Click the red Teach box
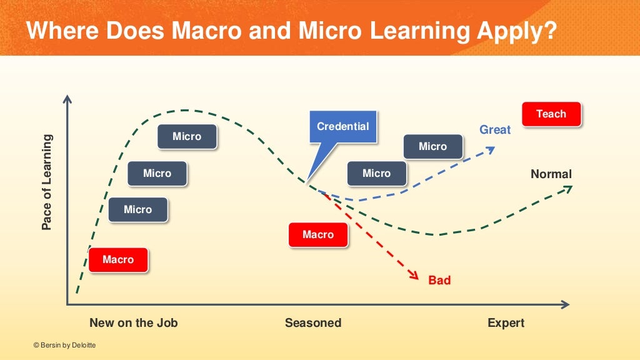click(551, 114)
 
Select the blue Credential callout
click(342, 127)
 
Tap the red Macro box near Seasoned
click(318, 234)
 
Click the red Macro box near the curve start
click(118, 259)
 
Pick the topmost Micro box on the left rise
click(187, 136)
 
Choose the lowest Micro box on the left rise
click(137, 209)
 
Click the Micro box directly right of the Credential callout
click(376, 173)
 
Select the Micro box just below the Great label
click(432, 146)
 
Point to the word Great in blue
click(495, 130)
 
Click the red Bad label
click(439, 281)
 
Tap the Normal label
click(551, 174)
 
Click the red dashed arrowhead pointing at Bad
click(413, 275)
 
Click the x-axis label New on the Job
click(134, 323)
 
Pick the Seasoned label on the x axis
click(313, 323)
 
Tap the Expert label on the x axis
click(506, 323)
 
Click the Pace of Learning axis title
click(47, 182)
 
